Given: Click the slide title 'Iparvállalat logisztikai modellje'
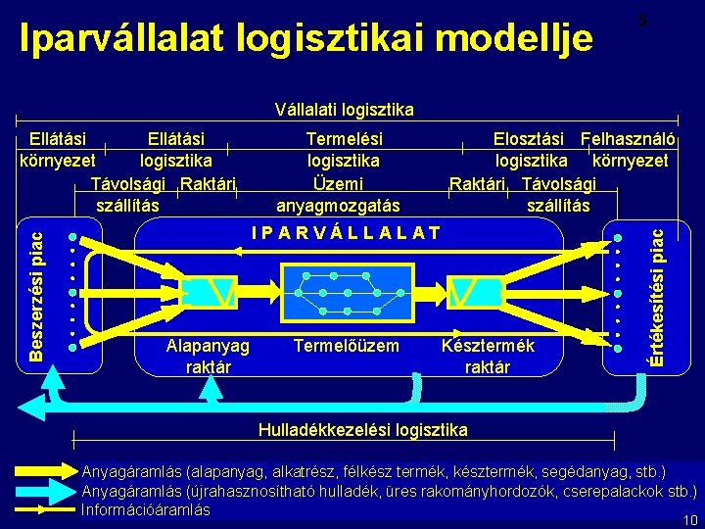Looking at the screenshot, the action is point(306,38).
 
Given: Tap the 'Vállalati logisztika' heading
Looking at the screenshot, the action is point(344,109).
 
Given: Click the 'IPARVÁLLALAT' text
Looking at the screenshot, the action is point(346,233).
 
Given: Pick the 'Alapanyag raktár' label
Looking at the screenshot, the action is point(208,357).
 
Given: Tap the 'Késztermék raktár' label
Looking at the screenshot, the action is point(488,357).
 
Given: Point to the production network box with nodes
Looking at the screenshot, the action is point(346,292).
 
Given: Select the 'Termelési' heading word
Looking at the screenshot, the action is point(344,139).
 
